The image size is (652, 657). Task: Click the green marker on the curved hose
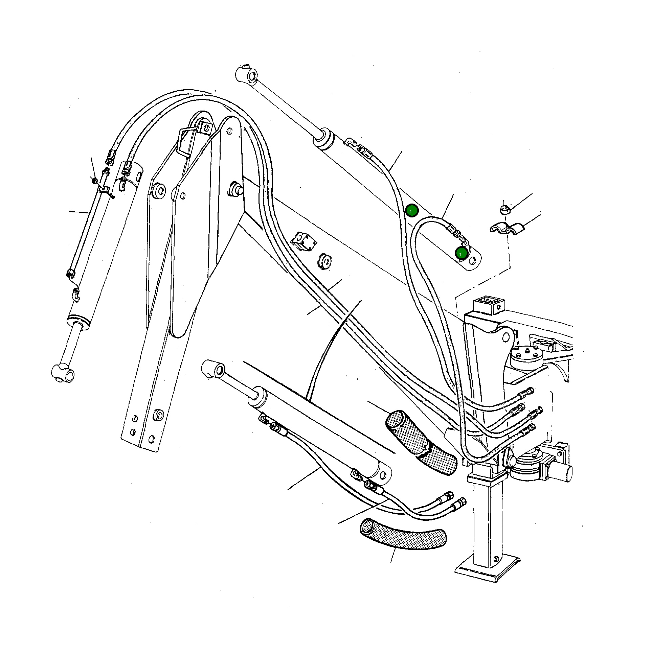point(411,211)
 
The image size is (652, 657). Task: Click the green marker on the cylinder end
point(461,253)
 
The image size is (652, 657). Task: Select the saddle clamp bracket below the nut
point(507,228)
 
